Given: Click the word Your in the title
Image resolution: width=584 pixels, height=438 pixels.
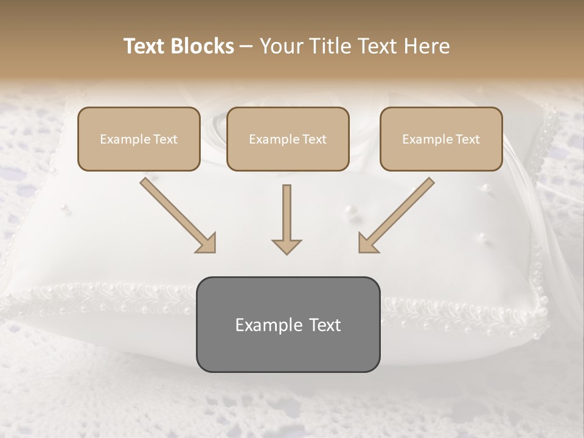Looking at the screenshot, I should [x=280, y=46].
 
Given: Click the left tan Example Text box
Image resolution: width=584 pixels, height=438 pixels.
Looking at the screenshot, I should [x=139, y=139].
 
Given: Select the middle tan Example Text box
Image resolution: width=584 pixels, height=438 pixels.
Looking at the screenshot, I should [x=288, y=139].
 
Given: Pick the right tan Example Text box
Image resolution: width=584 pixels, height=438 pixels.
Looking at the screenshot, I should [x=441, y=139].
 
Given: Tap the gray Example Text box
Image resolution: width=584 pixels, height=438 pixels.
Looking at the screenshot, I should [x=288, y=324].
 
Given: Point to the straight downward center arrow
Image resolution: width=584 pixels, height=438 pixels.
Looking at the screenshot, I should [x=287, y=219].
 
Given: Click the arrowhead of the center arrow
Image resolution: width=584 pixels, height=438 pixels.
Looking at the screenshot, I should [x=287, y=246].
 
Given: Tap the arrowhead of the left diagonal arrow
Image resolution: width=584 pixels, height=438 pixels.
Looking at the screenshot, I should [x=206, y=243].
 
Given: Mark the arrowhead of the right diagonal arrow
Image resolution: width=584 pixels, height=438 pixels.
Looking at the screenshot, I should [x=367, y=243].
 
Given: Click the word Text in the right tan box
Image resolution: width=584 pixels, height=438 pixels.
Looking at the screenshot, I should [x=467, y=139].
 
